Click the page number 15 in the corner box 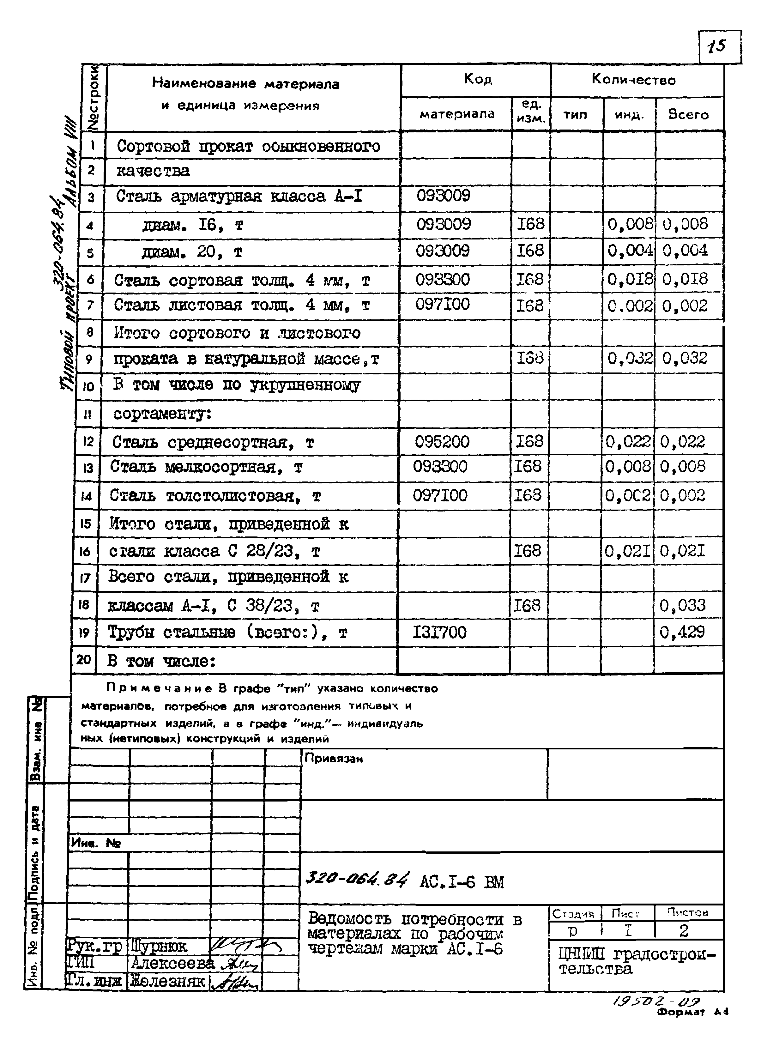[718, 46]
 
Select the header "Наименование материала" [245, 84]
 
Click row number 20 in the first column [83, 660]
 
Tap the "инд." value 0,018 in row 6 [630, 279]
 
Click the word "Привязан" [334, 759]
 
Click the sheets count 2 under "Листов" [684, 931]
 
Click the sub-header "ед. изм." [531, 112]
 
